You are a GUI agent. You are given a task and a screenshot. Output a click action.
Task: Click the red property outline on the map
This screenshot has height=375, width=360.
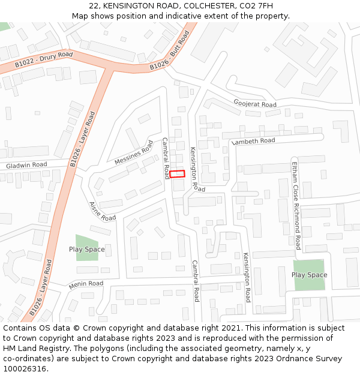point(177,174)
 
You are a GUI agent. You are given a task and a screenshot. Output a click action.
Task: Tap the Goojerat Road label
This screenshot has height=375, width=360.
point(255,104)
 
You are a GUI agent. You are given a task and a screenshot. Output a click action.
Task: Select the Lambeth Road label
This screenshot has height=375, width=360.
point(253,141)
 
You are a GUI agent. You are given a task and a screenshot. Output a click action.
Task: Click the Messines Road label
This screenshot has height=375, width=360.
point(134,153)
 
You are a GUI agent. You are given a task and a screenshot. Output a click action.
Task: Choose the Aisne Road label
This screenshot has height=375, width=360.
point(102,211)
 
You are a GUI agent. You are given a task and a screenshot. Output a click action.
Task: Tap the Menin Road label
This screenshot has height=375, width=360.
point(86,284)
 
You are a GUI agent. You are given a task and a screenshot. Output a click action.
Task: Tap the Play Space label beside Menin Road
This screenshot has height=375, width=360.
point(86,250)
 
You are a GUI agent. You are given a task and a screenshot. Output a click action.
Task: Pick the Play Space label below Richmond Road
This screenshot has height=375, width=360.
point(309,275)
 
